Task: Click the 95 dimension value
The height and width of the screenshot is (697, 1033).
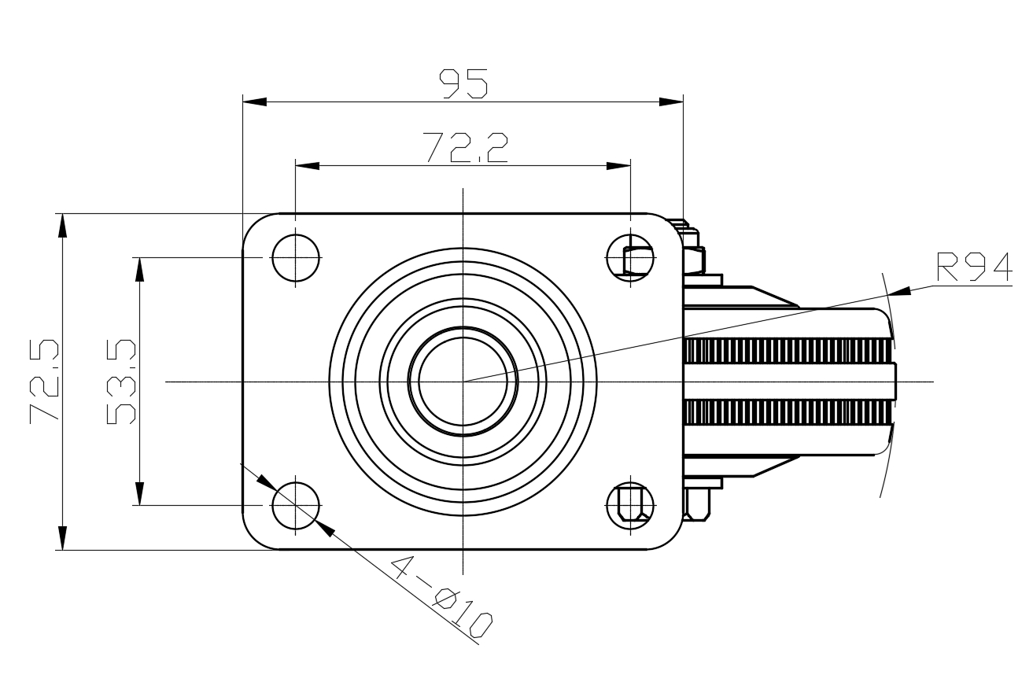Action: coord(463,84)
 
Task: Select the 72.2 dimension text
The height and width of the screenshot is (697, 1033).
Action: coord(465,148)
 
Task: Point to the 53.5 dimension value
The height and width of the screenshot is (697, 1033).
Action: coord(121,382)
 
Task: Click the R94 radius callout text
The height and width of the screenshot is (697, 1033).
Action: coord(975,267)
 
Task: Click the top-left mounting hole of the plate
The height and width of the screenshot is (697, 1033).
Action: coord(296,258)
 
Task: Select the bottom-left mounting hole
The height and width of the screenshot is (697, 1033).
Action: coord(296,506)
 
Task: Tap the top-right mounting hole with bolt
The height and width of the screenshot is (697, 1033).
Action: coord(630,258)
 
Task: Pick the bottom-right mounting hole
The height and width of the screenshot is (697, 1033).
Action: coord(630,506)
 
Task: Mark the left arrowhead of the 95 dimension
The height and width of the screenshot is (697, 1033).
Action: coord(255,102)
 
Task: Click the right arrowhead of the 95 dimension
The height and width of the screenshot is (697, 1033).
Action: coord(671,102)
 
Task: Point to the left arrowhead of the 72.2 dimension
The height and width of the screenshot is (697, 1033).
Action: coord(308,166)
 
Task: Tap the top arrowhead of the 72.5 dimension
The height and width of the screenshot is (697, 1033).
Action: coord(62,226)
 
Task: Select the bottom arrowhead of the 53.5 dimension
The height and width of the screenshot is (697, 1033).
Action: coord(139,493)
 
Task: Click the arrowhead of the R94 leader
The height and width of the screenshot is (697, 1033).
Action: coord(899,291)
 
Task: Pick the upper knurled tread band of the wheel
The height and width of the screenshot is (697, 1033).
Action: coord(788,351)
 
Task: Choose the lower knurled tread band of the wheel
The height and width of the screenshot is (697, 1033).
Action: coord(788,412)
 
